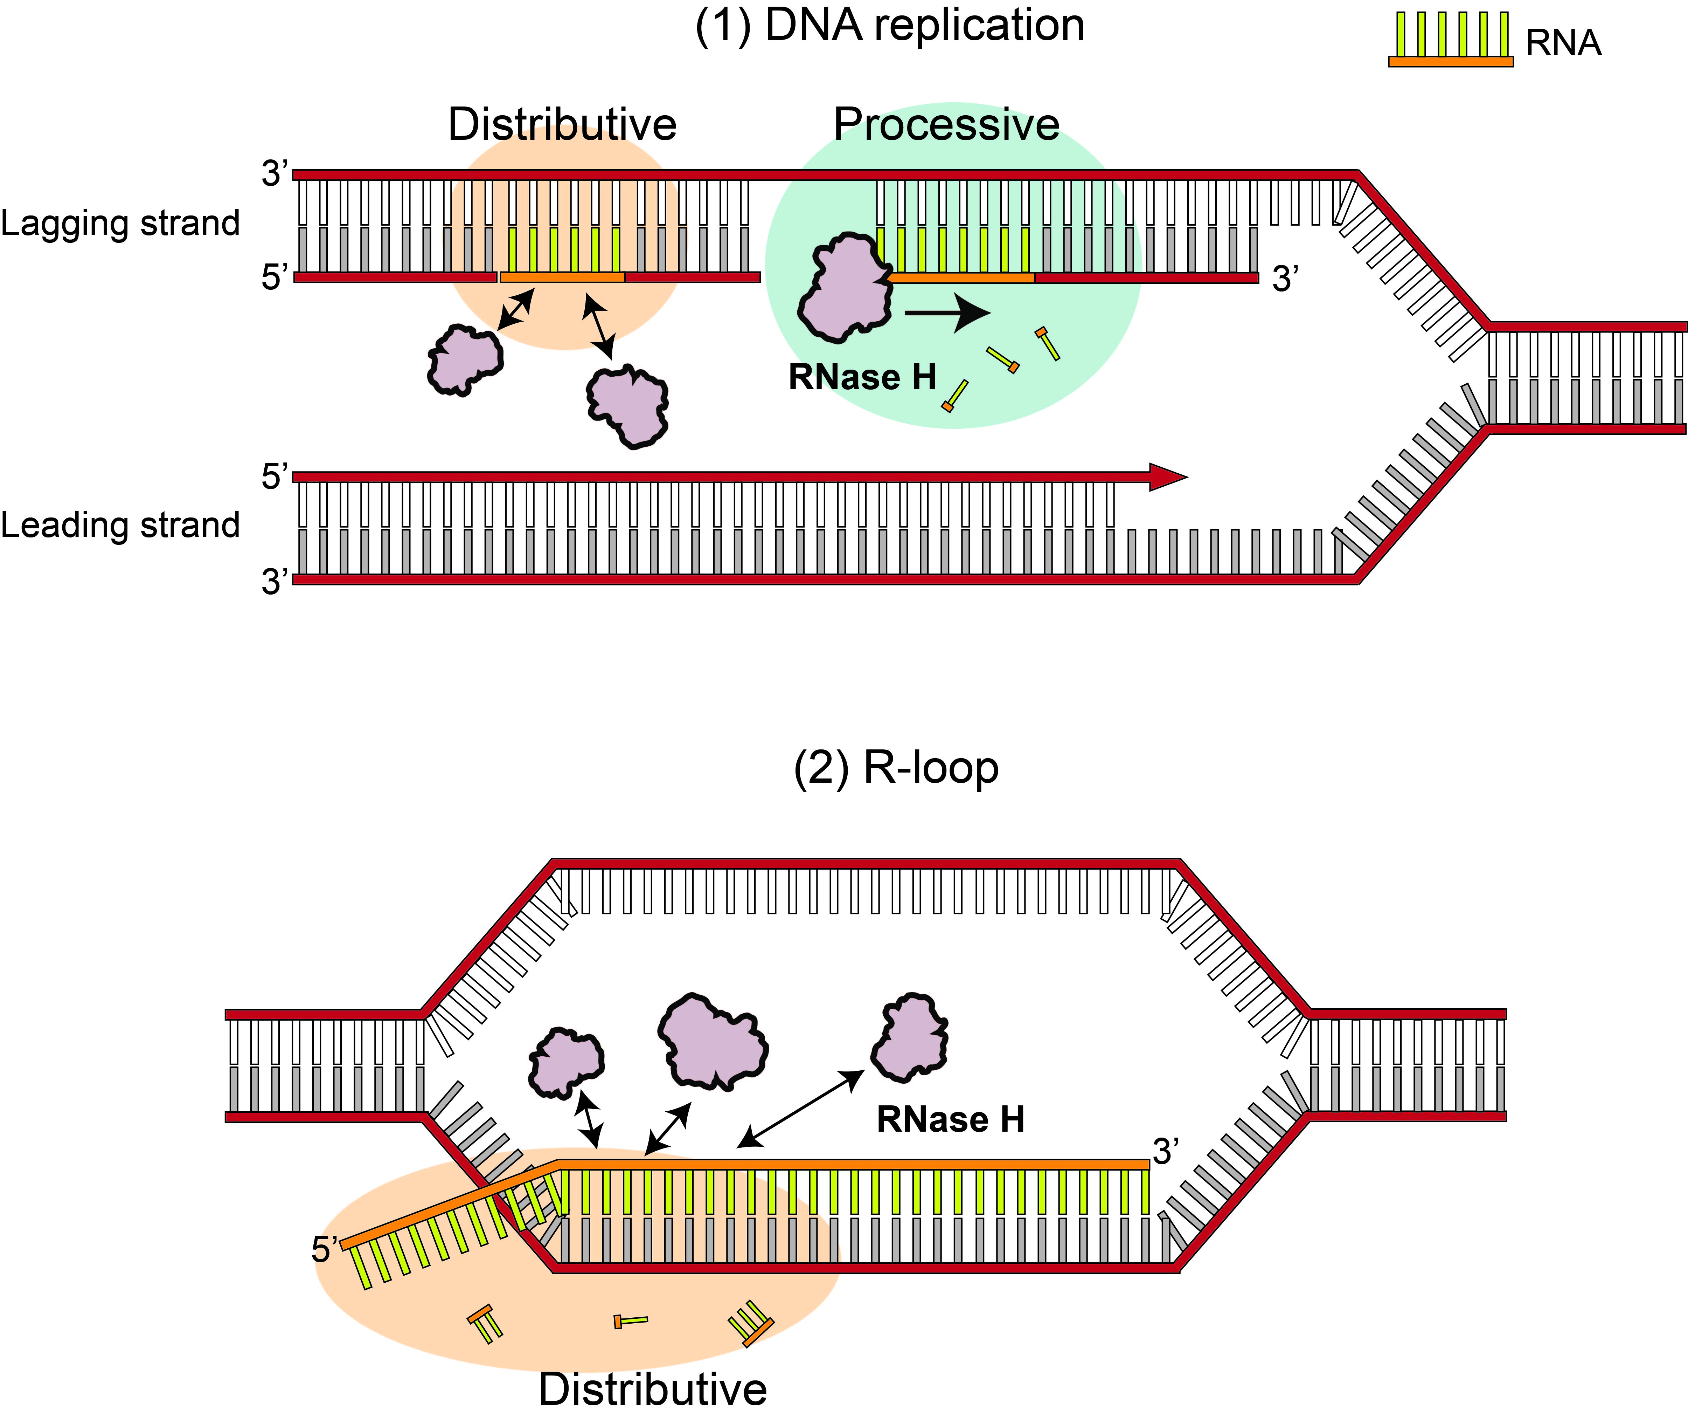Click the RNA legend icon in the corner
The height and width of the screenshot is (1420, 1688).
point(1450,40)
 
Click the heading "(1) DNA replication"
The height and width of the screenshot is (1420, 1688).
point(889,26)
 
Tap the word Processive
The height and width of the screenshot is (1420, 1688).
point(946,125)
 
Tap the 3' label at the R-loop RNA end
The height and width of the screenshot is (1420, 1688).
point(1166,1152)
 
